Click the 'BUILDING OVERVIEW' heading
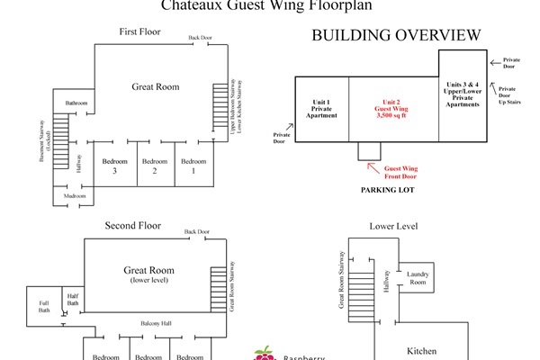click(395, 35)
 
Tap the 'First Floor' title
click(139, 32)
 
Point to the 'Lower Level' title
click(391, 225)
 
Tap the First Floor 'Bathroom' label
click(76, 103)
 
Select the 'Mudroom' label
click(75, 195)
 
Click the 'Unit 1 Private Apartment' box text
click(322, 109)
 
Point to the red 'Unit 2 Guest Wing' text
click(393, 109)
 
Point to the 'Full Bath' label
click(44, 305)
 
